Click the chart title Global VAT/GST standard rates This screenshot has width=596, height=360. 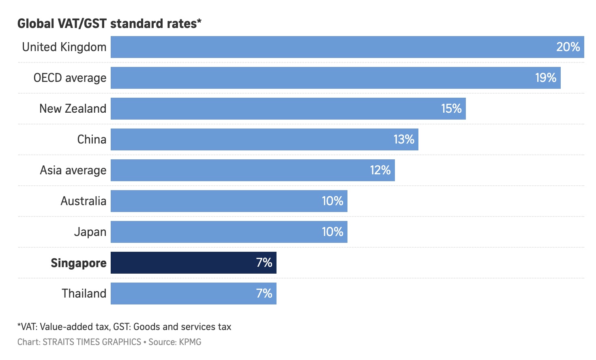click(109, 24)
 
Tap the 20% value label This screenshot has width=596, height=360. click(568, 47)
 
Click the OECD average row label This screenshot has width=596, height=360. click(70, 78)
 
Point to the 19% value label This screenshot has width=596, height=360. click(545, 78)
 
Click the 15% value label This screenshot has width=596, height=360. click(451, 109)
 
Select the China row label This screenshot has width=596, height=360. click(92, 139)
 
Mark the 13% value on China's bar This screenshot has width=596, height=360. click(404, 139)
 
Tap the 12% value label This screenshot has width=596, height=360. click(380, 170)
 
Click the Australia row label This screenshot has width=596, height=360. click(83, 201)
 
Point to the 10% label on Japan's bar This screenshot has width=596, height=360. click(332, 232)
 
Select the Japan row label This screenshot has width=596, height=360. click(90, 232)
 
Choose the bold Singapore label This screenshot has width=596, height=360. click(78, 263)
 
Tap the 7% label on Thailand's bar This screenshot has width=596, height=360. click(264, 294)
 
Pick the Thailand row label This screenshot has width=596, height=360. click(84, 294)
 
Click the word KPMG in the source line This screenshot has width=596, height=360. click(190, 342)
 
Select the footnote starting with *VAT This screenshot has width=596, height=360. click(124, 327)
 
